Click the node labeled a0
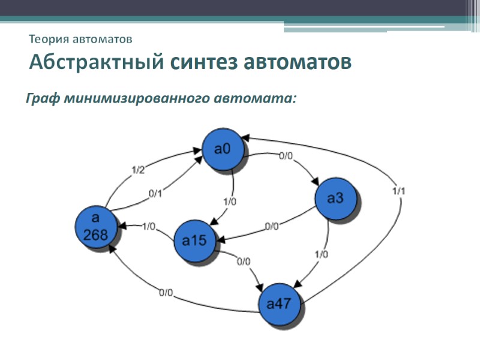click(223, 149)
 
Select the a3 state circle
click(335, 199)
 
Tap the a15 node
click(194, 241)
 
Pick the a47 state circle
click(278, 304)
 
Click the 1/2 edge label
click(137, 170)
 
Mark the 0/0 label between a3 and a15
click(272, 227)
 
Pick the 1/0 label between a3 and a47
click(321, 254)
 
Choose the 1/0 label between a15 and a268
click(149, 226)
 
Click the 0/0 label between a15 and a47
click(244, 262)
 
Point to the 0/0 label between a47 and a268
click(166, 293)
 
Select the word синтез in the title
click(203, 62)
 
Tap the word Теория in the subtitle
click(49, 40)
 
